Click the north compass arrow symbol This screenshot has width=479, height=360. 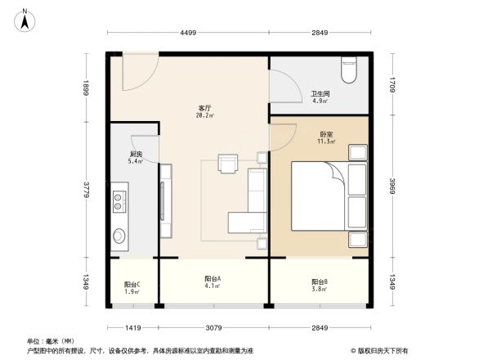coord(25,19)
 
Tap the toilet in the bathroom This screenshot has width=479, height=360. coord(350,70)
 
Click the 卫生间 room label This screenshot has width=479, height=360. coord(320,93)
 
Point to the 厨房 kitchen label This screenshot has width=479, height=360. coord(136,154)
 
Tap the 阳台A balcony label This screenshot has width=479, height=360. coord(212,279)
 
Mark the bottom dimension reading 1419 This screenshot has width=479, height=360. coord(134,328)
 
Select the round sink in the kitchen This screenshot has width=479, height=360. coord(119,236)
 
